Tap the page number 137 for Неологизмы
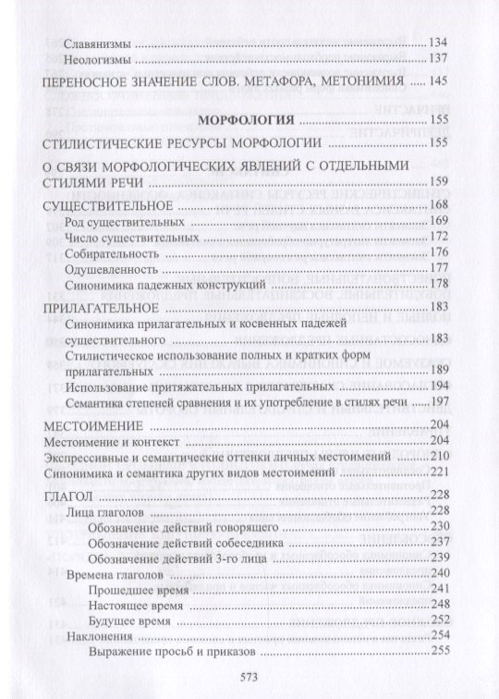[x=438, y=60]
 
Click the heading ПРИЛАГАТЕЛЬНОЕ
[x=96, y=304]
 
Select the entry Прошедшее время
[x=139, y=590]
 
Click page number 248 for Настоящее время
[x=438, y=605]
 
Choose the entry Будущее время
[x=132, y=619]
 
